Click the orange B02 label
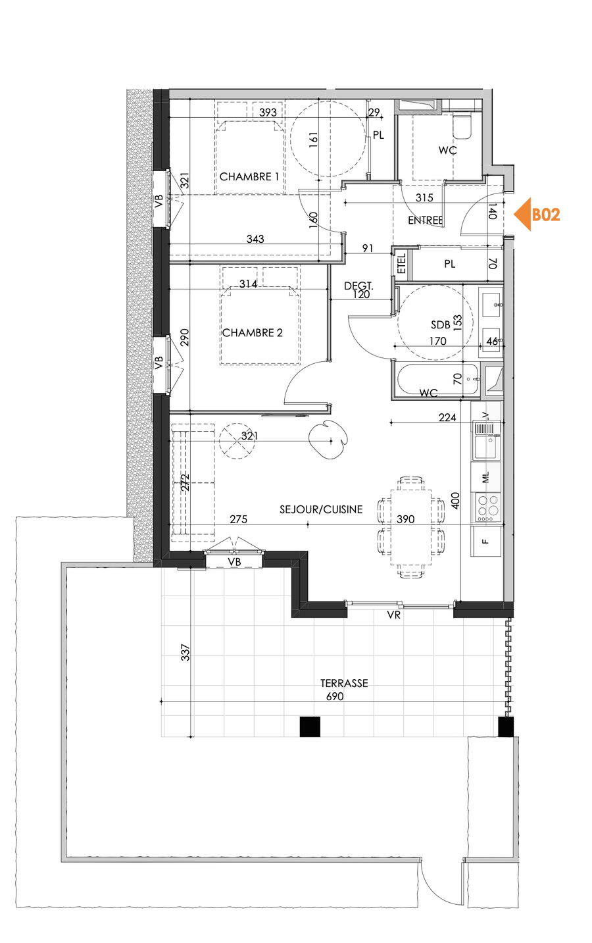point(546,215)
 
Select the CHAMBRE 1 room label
point(249,177)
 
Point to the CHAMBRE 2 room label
point(252,333)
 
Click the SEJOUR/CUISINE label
point(321,509)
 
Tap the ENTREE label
point(426,220)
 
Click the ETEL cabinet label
point(402,263)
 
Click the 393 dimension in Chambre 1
point(268,113)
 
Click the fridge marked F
point(486,542)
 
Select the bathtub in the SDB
point(437,380)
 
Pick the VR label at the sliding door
point(394,615)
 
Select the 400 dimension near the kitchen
point(455,501)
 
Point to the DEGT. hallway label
point(358,286)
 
